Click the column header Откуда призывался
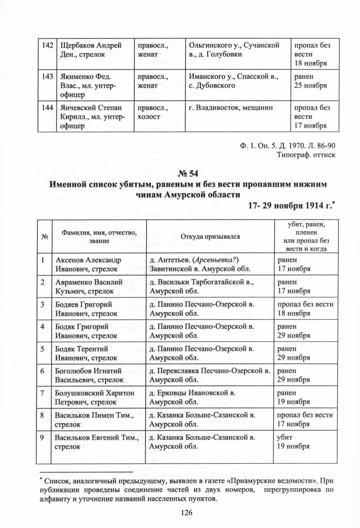point(210,237)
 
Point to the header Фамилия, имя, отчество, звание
point(99,237)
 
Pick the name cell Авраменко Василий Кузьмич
point(89,286)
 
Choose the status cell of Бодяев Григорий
point(305,309)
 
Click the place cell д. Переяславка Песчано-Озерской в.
point(210,375)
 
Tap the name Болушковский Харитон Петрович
point(95,397)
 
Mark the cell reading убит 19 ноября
point(293,442)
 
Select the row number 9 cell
point(42,437)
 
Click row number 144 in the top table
point(47,108)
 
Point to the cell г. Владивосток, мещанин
point(231,108)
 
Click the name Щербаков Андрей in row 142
point(90,45)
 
